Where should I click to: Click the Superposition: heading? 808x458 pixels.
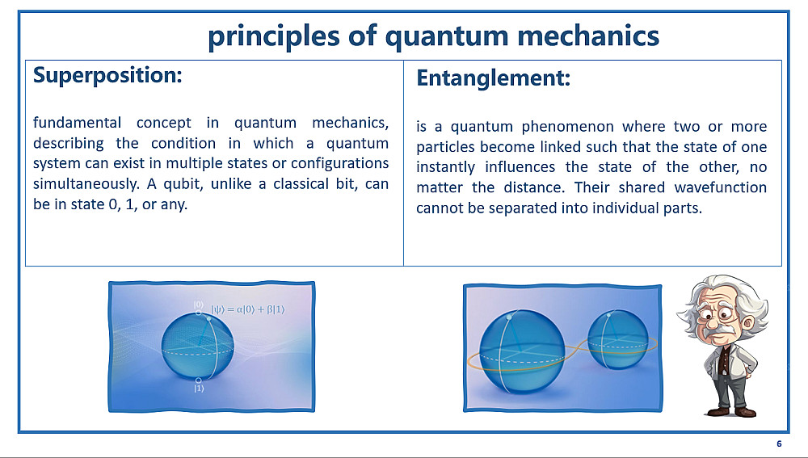point(107,76)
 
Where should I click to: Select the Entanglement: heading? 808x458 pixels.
point(493,78)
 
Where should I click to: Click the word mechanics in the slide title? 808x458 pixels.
point(588,36)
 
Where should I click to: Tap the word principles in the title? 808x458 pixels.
point(274,37)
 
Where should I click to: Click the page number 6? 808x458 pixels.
point(779,443)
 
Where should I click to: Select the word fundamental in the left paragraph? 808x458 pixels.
point(77,123)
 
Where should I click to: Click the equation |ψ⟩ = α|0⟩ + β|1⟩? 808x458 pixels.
point(247,309)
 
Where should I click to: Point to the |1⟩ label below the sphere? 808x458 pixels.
point(199,389)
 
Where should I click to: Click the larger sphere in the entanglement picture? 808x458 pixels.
point(521,351)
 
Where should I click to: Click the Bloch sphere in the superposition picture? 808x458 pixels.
point(197,347)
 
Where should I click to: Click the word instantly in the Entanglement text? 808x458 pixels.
point(445,167)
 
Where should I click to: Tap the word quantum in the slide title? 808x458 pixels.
point(447,37)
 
